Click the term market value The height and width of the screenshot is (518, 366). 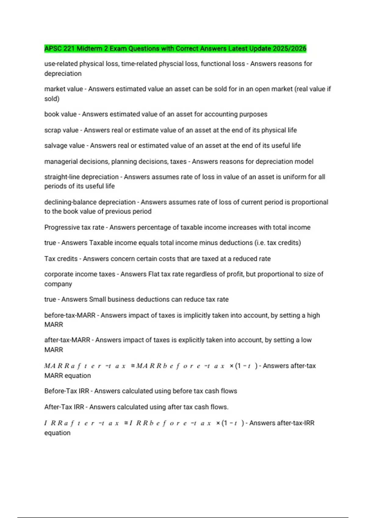pos(63,89)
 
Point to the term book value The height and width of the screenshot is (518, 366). pos(60,114)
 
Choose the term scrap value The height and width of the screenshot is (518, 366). pos(61,130)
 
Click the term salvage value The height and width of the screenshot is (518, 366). pos(64,146)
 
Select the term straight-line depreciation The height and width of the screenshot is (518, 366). pos(81,177)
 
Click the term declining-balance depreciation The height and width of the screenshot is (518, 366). pos(90,202)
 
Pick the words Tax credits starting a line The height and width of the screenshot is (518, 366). pos(61,259)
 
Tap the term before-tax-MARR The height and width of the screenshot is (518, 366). pos(70,315)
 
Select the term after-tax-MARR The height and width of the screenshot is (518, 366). pos(67,340)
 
